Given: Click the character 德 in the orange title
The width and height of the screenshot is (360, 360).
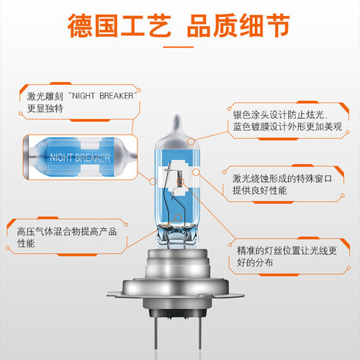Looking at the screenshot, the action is pyautogui.click(x=80, y=25).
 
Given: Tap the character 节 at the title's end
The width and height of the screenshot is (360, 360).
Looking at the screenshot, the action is pyautogui.click(x=277, y=25).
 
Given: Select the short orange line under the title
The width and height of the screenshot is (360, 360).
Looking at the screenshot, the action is pyautogui.click(x=179, y=47).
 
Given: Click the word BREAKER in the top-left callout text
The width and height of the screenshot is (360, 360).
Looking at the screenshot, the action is pyautogui.click(x=117, y=96).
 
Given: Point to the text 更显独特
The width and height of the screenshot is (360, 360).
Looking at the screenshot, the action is pyautogui.click(x=45, y=108).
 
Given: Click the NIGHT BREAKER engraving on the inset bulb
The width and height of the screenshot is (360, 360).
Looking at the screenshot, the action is pyautogui.click(x=80, y=158).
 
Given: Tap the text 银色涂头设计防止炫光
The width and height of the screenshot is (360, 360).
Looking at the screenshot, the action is pyautogui.click(x=279, y=115).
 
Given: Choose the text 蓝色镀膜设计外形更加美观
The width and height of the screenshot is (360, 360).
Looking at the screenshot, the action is pyautogui.click(x=287, y=127).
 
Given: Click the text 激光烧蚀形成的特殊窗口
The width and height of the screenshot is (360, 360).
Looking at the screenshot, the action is pyautogui.click(x=282, y=179).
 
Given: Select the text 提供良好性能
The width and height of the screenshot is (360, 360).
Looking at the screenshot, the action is pyautogui.click(x=259, y=191).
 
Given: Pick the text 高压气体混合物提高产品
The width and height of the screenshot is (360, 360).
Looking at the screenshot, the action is pyautogui.click(x=67, y=232).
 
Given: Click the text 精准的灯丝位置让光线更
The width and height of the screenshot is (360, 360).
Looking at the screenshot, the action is pyautogui.click(x=287, y=251).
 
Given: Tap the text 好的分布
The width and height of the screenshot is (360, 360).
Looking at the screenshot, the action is pyautogui.click(x=255, y=263).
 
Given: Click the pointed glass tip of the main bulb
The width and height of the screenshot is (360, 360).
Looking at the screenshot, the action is pyautogui.click(x=177, y=118).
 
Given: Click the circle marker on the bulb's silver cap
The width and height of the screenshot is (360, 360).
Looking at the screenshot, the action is pyautogui.click(x=191, y=142).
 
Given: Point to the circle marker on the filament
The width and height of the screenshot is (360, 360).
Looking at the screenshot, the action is pyautogui.click(x=181, y=181).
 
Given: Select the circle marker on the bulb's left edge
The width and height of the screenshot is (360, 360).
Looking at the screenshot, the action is pyautogui.click(x=153, y=181).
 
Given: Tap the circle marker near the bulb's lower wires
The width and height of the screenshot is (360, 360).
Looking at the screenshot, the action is pyautogui.click(x=178, y=217).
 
